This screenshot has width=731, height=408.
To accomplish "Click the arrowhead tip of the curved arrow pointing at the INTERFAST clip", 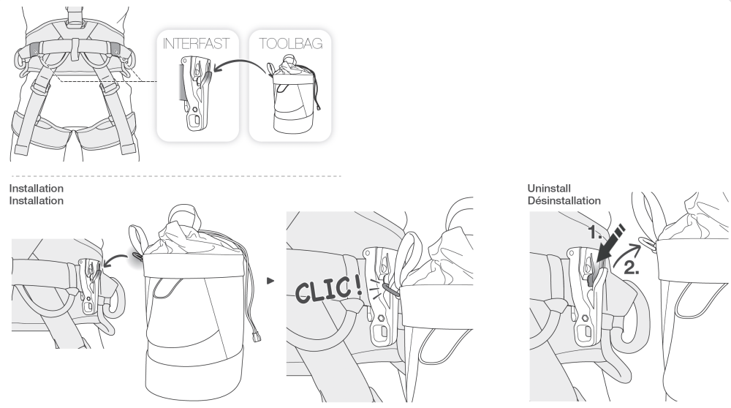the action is coord(213,72).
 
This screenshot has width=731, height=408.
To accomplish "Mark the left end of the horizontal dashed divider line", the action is coord(12,176).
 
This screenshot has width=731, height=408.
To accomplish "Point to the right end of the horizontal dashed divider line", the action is coord(341,176).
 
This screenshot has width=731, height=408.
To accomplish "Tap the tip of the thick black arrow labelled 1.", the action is coord(596,261).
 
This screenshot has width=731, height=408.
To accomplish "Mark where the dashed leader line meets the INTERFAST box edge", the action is coord(157,82).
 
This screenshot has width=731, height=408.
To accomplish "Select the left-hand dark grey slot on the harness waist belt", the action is coord(34,49).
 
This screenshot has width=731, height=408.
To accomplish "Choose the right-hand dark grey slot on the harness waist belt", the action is coord(115,49).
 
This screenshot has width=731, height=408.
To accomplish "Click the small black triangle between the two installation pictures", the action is coord(270,281).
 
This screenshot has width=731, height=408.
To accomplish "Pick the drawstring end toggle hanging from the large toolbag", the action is coord(256,336).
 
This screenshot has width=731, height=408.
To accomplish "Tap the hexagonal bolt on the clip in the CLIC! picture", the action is coord(381,319).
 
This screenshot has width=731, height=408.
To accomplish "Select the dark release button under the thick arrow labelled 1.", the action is coord(591,279).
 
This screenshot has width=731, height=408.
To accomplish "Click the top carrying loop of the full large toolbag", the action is coord(183,214).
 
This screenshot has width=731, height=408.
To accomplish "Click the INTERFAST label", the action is coord(196,43).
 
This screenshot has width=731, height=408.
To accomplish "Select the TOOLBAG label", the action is coord(290,43).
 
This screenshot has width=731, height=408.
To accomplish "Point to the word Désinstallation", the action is coord(564,200).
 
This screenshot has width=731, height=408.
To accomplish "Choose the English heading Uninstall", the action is coord(549,189).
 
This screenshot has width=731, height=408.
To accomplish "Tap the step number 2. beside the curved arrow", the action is coord(632,268).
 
